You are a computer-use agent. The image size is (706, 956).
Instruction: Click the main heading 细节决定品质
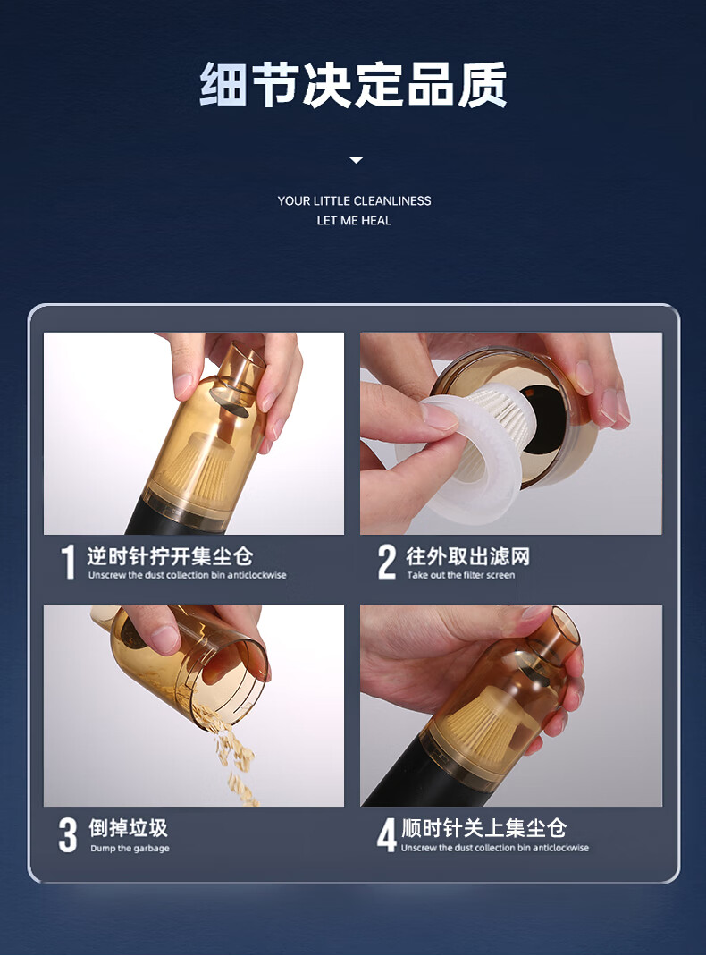pos(353,85)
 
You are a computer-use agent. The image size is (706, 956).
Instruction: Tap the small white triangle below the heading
pos(357,160)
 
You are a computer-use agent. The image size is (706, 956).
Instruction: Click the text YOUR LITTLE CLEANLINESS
pos(354,200)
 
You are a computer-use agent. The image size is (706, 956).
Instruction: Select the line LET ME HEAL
pos(354,221)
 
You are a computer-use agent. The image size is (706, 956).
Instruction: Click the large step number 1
pos(68,562)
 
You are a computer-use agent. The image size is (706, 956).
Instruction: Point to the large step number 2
pos(387,562)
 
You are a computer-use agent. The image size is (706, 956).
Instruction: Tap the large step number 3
pos(68,834)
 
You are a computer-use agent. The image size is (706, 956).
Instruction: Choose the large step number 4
pos(386,834)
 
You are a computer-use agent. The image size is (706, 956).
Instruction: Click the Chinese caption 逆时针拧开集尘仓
pos(169,556)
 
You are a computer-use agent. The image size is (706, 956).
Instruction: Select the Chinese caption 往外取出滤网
pos(467,556)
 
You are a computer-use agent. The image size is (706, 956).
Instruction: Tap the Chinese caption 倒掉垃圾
pos(128,828)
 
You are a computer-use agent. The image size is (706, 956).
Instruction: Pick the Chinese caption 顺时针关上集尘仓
pos(483,828)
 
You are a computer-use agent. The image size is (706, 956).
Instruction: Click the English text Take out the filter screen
pos(461,575)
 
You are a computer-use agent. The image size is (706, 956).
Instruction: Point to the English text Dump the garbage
pos(130,848)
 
